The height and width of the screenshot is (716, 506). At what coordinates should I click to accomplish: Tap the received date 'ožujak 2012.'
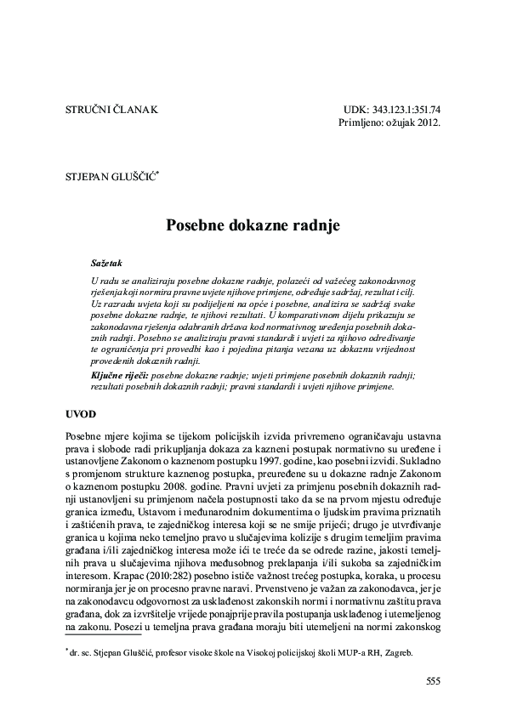[x=412, y=124]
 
